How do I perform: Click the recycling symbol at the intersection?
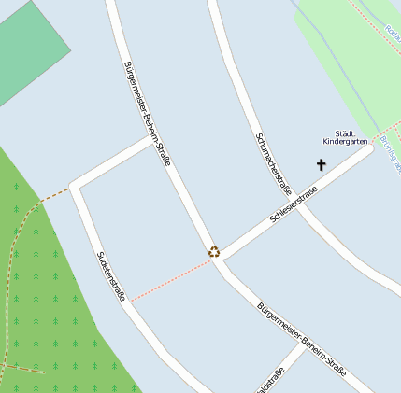pos(214,251)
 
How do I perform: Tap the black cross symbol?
pos(322,165)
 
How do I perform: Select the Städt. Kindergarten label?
pos(344,137)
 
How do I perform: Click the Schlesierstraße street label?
pos(294,204)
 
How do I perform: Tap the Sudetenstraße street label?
pos(111,276)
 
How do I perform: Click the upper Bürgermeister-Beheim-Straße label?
pos(148,114)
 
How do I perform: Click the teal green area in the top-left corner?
pos(28,47)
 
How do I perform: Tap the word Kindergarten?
pos(344,142)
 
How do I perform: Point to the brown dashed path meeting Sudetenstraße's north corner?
pos(51,197)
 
